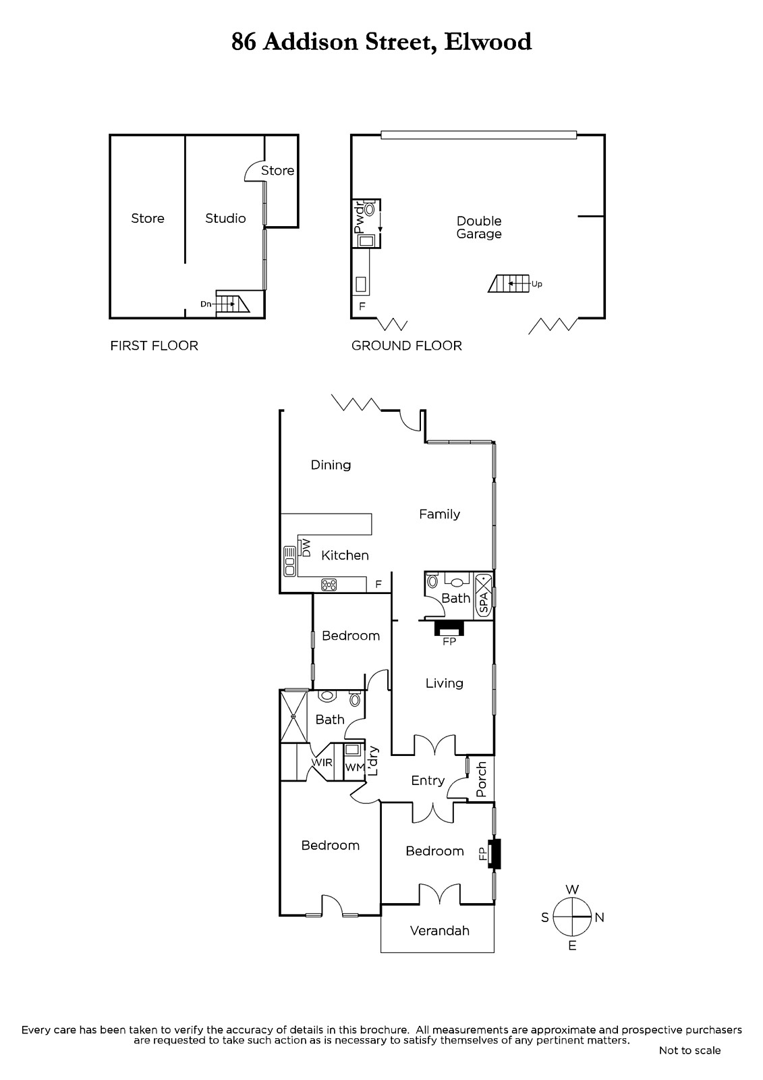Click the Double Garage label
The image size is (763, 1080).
(479, 227)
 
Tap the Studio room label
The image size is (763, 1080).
(225, 219)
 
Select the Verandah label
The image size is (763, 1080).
(440, 931)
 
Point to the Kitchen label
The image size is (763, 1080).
(345, 555)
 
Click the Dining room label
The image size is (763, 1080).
(331, 465)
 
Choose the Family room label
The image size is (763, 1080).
(440, 514)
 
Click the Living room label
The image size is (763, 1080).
(445, 683)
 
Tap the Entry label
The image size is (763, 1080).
(428, 780)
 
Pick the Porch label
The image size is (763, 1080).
(482, 779)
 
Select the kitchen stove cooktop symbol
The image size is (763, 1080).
(329, 585)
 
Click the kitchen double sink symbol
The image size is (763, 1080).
(289, 561)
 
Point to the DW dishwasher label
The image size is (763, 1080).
(306, 548)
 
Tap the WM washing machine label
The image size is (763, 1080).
(355, 767)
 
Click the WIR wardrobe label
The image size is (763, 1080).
(322, 762)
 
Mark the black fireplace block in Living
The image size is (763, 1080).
(449, 628)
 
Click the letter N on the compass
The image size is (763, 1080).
(600, 917)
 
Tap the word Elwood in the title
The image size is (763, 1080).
(488, 42)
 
